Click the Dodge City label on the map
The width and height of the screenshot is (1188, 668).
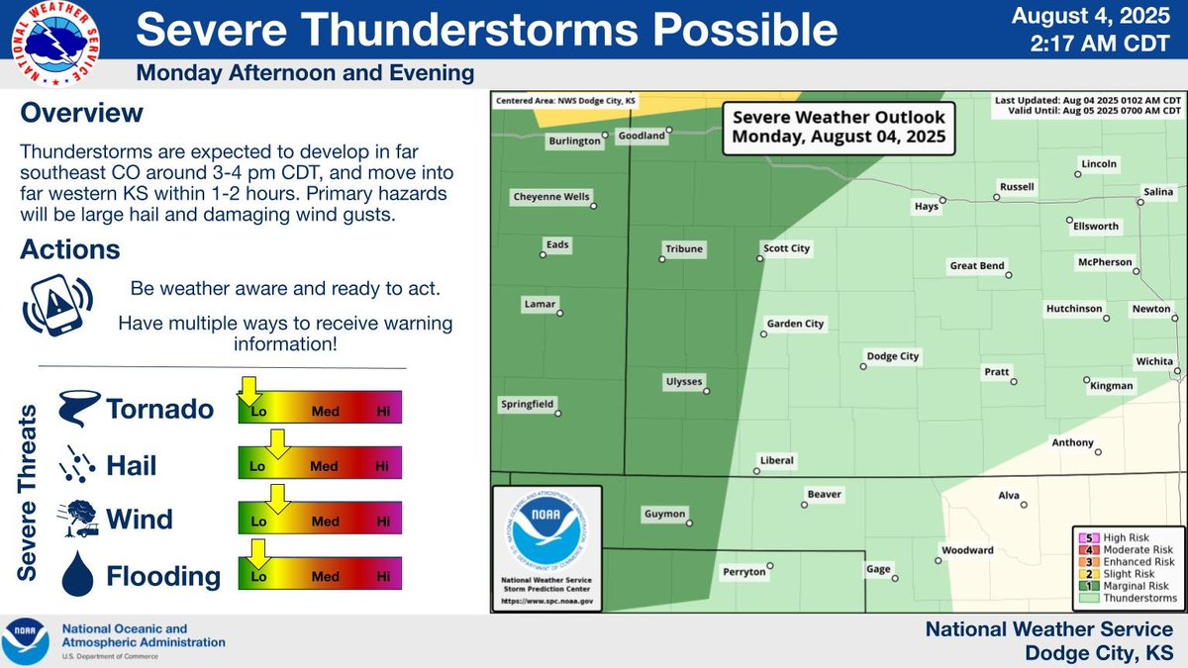click(893, 356)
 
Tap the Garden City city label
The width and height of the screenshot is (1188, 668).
click(795, 324)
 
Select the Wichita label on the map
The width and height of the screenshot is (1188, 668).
click(1154, 361)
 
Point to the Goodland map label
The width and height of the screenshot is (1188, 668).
click(641, 136)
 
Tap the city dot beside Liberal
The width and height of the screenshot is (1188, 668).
click(756, 471)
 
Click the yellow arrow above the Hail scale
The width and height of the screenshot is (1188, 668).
click(278, 444)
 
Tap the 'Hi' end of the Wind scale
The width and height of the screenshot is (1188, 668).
click(383, 521)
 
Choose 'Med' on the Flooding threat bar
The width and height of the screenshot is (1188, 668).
click(325, 576)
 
